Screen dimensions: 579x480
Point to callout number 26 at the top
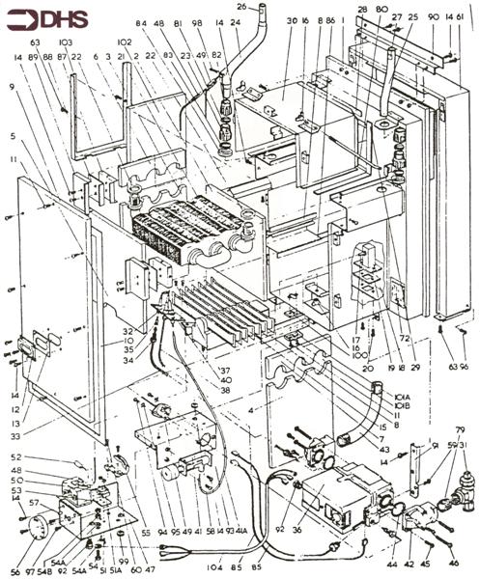click(242, 8)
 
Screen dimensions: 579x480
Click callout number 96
click(464, 368)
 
